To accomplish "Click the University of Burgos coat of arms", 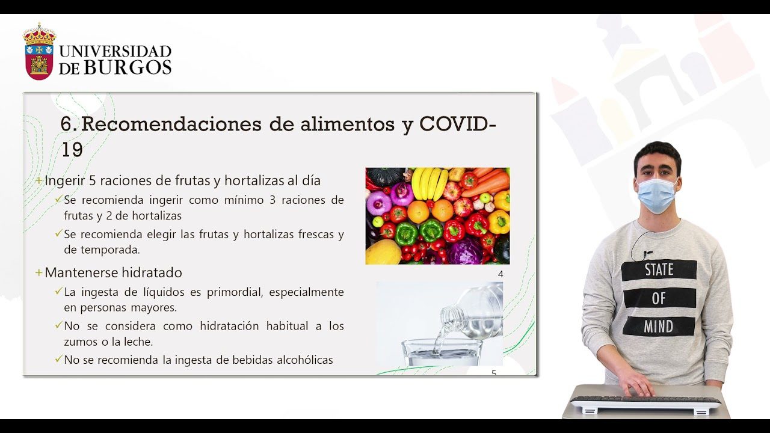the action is (x=39, y=51).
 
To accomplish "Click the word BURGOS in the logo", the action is (x=128, y=67).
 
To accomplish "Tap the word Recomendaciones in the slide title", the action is (x=171, y=124).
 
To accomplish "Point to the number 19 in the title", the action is (x=72, y=150).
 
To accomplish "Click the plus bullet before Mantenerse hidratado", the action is (x=39, y=273).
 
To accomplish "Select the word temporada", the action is (x=110, y=250).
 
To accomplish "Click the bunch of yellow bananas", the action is (x=430, y=183).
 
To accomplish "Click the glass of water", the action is (x=442, y=352).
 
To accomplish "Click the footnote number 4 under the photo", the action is (x=500, y=274).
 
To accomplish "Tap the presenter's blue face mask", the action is (x=657, y=195).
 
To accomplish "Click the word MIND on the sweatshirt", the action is (x=658, y=327).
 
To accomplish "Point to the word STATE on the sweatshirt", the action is (x=659, y=270).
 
